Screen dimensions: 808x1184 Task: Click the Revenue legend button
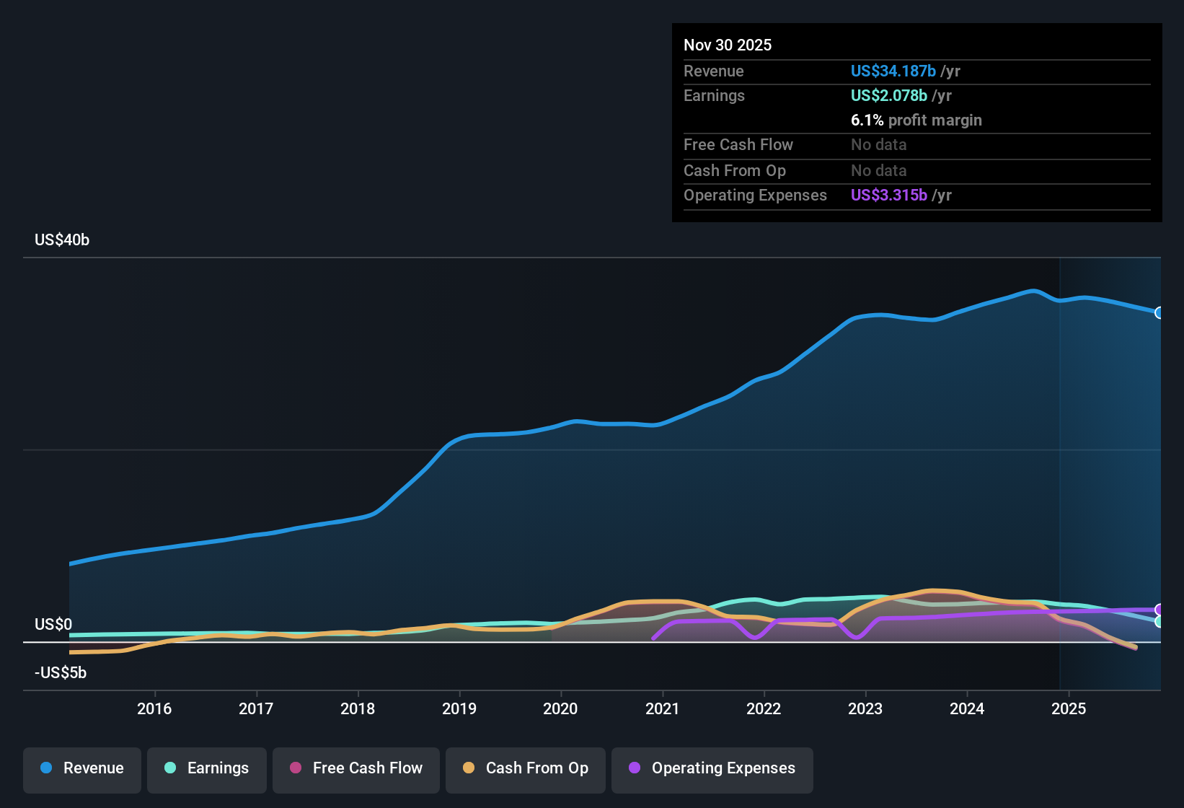pyautogui.click(x=82, y=768)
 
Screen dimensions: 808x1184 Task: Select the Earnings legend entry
pyautogui.click(x=207, y=768)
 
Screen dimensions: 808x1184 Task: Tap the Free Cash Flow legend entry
pyautogui.click(x=356, y=768)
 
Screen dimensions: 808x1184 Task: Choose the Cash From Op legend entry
pyautogui.click(x=526, y=768)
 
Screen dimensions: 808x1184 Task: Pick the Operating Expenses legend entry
pyautogui.click(x=712, y=768)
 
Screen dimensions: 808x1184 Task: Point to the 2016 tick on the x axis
pyautogui.click(x=154, y=708)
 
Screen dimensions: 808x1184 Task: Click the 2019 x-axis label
pyautogui.click(x=459, y=708)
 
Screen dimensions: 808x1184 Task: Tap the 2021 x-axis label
pyautogui.click(x=662, y=708)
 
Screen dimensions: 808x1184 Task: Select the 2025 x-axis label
pyautogui.click(x=1069, y=708)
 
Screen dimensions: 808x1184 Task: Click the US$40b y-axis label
pyautogui.click(x=62, y=240)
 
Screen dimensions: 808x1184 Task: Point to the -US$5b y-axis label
pyautogui.click(x=61, y=673)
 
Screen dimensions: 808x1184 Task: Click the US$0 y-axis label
pyautogui.click(x=53, y=625)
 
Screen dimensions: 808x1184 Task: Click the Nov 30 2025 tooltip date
pyautogui.click(x=728, y=45)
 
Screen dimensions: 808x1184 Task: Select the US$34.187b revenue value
pyautogui.click(x=893, y=71)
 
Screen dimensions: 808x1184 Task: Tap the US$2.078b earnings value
pyautogui.click(x=889, y=95)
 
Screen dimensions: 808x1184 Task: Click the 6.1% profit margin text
pyautogui.click(x=916, y=120)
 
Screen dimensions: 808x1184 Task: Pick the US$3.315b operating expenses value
pyautogui.click(x=889, y=196)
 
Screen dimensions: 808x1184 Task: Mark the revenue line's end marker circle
pyautogui.click(x=1159, y=312)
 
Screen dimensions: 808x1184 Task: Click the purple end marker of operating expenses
pyautogui.click(x=1159, y=610)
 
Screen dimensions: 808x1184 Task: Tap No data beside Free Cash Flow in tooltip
pyautogui.click(x=878, y=145)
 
